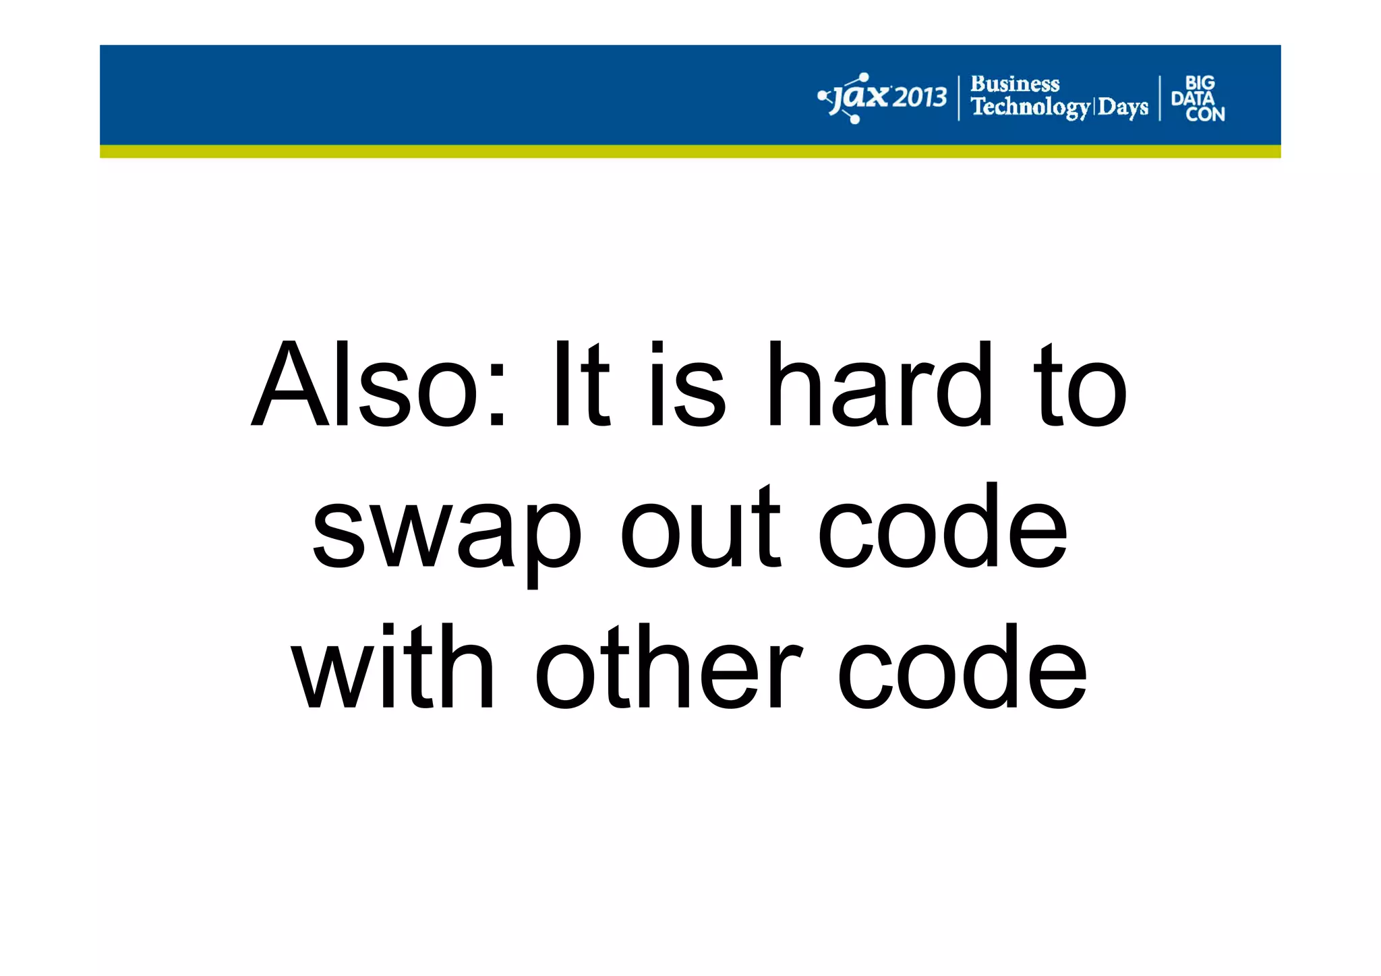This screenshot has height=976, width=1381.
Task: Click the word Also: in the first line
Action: pyautogui.click(x=378, y=385)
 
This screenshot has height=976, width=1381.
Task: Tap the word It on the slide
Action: pyautogui.click(x=581, y=385)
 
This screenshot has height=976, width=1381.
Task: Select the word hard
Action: pyautogui.click(x=880, y=385)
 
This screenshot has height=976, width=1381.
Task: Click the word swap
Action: pyautogui.click(x=446, y=529)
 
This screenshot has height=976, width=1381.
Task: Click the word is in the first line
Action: pyautogui.click(x=687, y=385)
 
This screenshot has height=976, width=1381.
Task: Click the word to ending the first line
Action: pyautogui.click(x=1082, y=386)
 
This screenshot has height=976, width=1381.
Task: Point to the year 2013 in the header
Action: pyautogui.click(x=919, y=98)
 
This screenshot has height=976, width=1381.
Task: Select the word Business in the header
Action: pyautogui.click(x=1014, y=84)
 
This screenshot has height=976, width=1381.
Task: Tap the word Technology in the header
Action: pyautogui.click(x=1030, y=107)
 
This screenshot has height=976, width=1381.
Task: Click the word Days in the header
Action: pyautogui.click(x=1123, y=107)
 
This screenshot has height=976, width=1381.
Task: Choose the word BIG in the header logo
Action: pyautogui.click(x=1200, y=83)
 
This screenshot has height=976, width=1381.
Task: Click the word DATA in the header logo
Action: pyautogui.click(x=1192, y=98)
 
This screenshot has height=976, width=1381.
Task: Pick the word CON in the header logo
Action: pyautogui.click(x=1205, y=115)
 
